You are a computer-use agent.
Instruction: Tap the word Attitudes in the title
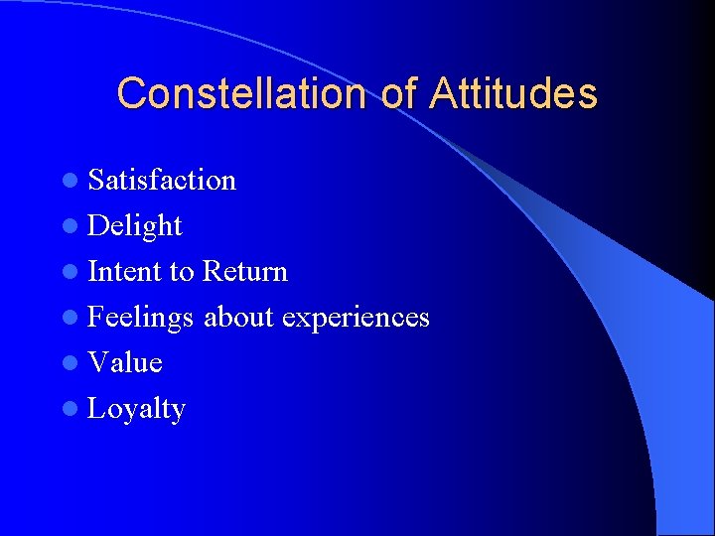513,93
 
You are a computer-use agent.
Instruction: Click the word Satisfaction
162,180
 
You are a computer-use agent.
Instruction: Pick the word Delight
135,226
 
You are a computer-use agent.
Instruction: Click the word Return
244,271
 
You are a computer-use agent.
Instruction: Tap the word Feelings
141,318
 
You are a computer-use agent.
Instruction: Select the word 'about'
238,318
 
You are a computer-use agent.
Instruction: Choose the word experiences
356,318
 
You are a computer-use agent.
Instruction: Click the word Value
125,362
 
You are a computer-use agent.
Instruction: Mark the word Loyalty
136,409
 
